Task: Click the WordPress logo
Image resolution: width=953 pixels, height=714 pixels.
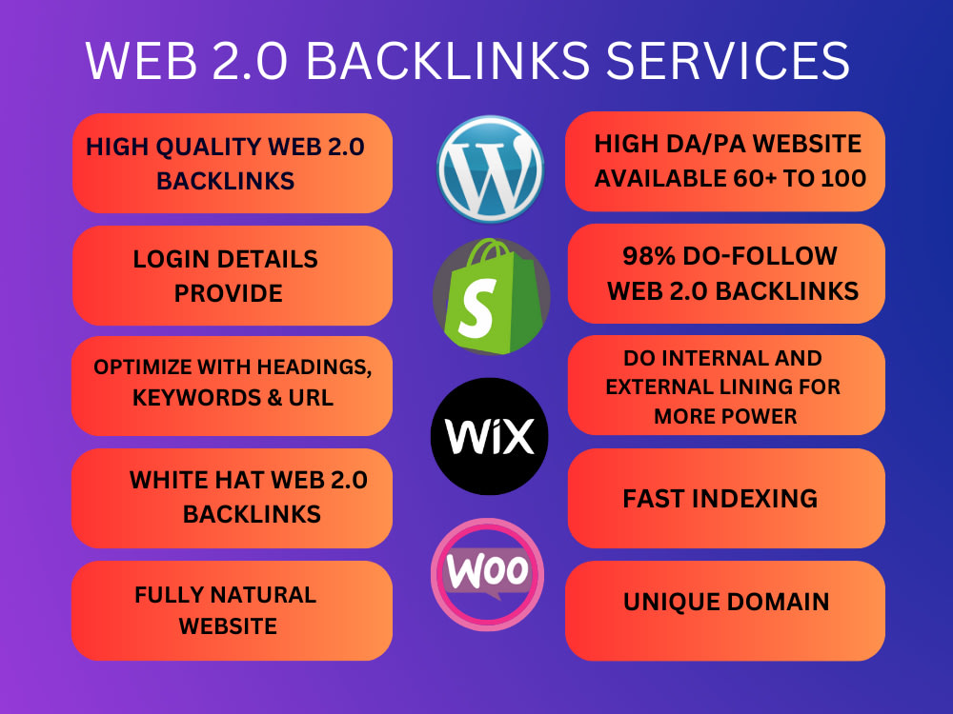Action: (x=490, y=169)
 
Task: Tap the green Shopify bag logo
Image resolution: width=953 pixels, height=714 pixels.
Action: (x=491, y=296)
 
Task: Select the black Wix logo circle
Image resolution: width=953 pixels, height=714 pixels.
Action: (x=489, y=436)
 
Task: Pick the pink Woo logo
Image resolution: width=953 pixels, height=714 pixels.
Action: (x=487, y=574)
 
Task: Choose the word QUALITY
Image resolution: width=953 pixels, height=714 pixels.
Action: (x=209, y=147)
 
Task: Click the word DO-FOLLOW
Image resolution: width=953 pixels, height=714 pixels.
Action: (x=760, y=256)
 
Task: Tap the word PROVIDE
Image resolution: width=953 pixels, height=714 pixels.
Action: (x=229, y=294)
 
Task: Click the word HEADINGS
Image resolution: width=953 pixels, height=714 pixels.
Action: (x=314, y=367)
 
